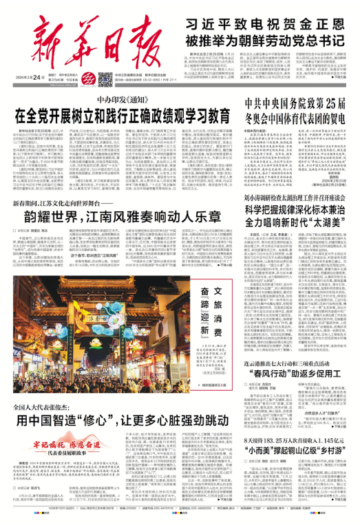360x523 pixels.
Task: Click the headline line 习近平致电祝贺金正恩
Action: pyautogui.click(x=266, y=21)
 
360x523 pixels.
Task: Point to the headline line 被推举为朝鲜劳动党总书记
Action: pyautogui.click(x=266, y=39)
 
